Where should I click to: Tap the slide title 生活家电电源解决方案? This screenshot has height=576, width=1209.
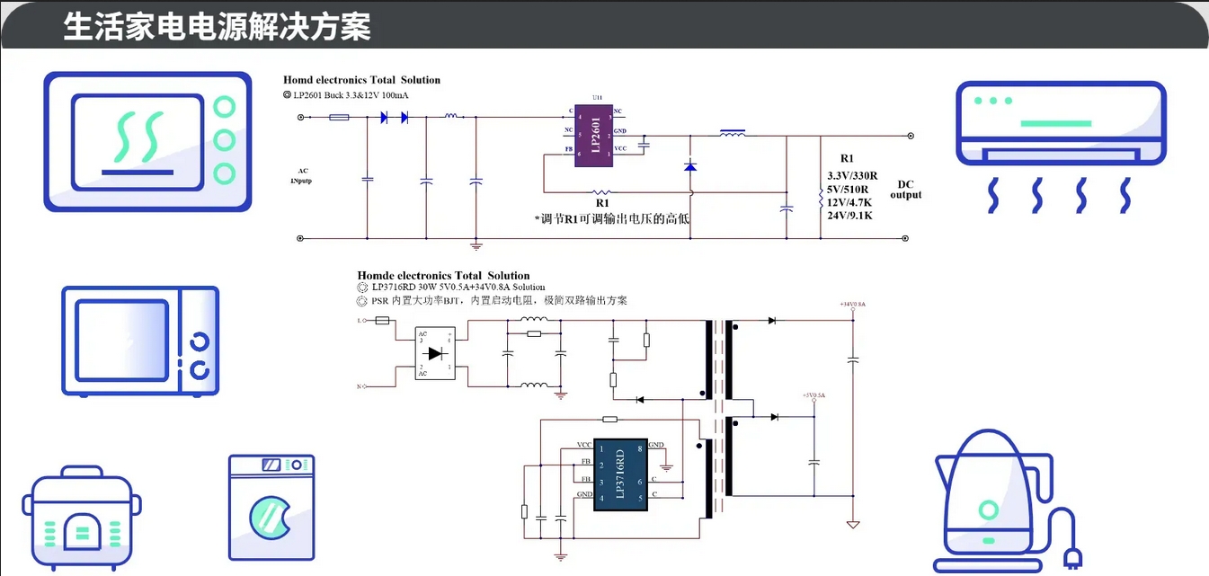point(217,26)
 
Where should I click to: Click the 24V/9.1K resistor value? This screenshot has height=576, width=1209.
point(850,216)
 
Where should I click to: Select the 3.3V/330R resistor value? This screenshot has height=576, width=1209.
point(852,175)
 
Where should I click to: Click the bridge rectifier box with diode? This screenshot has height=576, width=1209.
point(435,353)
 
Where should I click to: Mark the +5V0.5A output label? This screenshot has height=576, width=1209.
point(813,395)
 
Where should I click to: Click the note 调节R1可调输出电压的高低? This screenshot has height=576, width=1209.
point(612,218)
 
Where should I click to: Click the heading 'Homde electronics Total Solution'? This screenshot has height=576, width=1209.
point(443,276)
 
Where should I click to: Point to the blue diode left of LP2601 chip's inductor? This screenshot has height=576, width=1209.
point(690,166)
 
